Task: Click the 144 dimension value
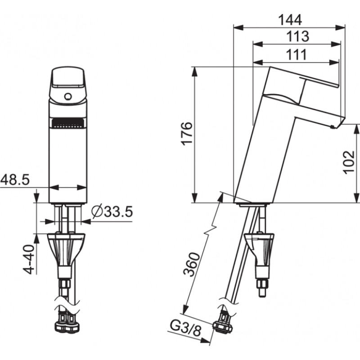click(290, 20)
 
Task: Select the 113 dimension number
click(297, 36)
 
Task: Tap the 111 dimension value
click(296, 54)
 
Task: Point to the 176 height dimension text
click(186, 133)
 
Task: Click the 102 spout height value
click(348, 162)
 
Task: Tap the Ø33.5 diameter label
click(112, 211)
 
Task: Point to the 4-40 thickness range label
click(29, 260)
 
